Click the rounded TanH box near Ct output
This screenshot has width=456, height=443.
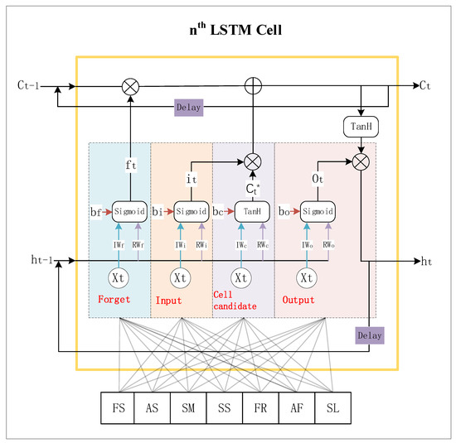click(360, 126)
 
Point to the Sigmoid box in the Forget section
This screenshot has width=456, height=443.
click(129, 211)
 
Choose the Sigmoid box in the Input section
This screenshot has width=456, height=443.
click(190, 211)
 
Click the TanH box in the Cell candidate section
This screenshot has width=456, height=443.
click(252, 211)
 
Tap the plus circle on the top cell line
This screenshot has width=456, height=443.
click(253, 84)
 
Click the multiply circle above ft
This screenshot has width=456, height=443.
click(130, 84)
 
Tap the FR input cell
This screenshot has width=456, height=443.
click(256, 408)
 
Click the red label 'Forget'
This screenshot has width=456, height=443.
click(113, 300)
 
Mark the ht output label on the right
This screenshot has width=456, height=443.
click(427, 261)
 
